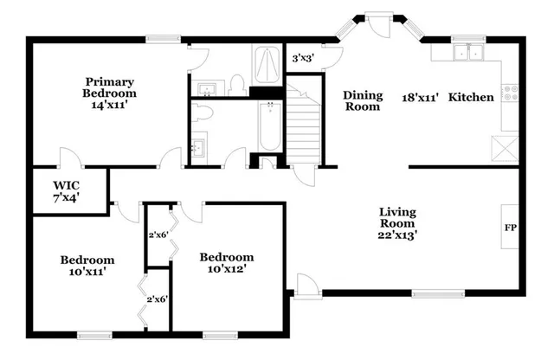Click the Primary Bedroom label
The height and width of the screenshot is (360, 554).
pyautogui.click(x=108, y=87)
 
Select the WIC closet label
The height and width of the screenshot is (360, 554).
pyautogui.click(x=67, y=185)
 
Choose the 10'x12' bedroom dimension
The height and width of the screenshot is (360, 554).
pyautogui.click(x=227, y=270)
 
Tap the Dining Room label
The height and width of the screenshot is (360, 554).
pyautogui.click(x=362, y=101)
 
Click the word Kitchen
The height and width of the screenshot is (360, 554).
pyautogui.click(x=471, y=97)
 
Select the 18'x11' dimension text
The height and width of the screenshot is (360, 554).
pyautogui.click(x=421, y=97)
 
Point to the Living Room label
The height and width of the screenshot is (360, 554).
pyautogui.click(x=398, y=218)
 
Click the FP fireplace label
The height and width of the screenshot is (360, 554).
pyautogui.click(x=511, y=228)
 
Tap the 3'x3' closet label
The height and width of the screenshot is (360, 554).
pyautogui.click(x=302, y=59)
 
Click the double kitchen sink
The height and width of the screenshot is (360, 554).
pyautogui.click(x=468, y=53)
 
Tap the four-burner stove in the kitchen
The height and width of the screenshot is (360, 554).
pyautogui.click(x=512, y=89)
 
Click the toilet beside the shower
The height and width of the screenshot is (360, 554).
pyautogui.click(x=236, y=84)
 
